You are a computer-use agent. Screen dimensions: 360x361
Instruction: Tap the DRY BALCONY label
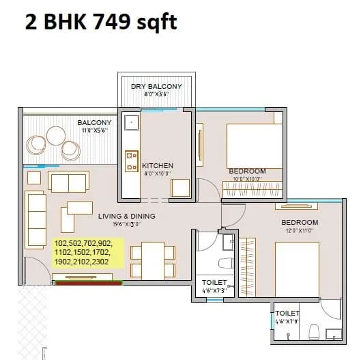(x=156, y=87)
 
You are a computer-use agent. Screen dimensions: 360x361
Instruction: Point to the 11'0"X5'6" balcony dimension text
(x=94, y=130)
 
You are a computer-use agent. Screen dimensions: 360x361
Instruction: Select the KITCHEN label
(x=158, y=165)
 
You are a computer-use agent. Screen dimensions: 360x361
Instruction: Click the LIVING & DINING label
(x=126, y=216)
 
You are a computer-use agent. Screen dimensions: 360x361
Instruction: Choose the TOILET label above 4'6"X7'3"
(x=214, y=282)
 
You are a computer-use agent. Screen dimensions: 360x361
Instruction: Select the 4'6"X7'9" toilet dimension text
(x=287, y=321)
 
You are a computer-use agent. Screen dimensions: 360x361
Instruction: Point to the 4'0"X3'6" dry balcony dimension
(x=156, y=95)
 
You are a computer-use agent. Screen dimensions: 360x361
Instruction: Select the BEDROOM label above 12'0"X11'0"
(x=300, y=223)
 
